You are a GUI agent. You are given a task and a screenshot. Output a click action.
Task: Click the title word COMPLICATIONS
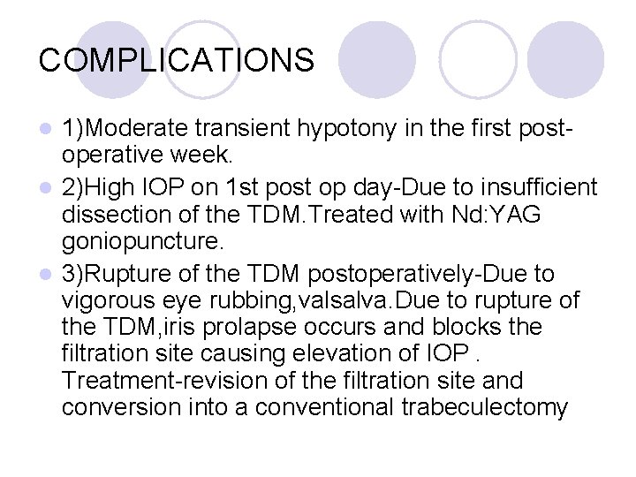[x=177, y=60]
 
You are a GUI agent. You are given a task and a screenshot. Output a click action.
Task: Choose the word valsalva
[x=377, y=300]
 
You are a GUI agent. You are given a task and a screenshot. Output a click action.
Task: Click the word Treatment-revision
[x=172, y=381]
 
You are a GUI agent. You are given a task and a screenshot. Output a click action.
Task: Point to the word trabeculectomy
[x=494, y=408]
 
